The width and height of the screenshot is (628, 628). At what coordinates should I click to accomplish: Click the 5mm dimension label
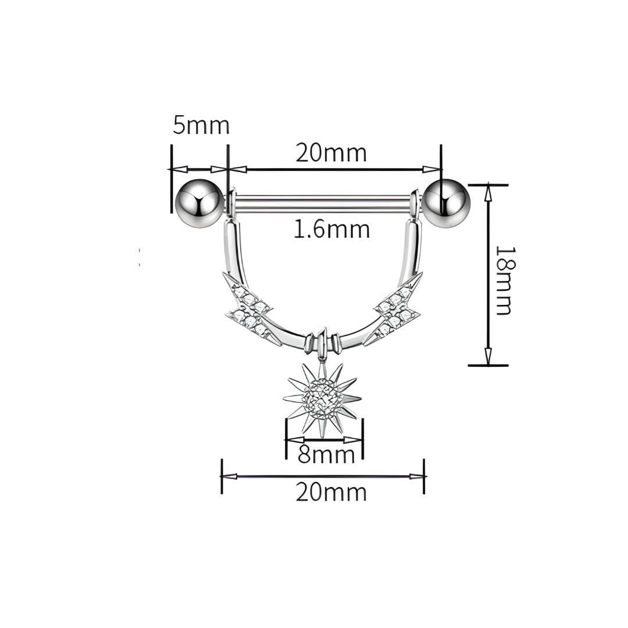click(201, 125)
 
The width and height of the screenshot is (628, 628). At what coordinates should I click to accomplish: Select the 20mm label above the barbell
click(331, 153)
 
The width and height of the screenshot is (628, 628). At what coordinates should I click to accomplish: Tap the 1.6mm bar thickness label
click(331, 230)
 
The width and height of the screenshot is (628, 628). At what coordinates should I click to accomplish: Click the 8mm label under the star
click(326, 455)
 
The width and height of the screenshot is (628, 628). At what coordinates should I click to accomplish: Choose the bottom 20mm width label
click(331, 493)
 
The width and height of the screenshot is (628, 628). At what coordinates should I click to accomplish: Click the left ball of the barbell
click(199, 204)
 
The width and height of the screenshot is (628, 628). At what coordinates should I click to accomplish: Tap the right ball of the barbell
click(446, 204)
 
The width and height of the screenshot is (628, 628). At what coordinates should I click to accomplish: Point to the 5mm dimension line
click(199, 169)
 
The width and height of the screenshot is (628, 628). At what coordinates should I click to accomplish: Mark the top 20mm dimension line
click(334, 169)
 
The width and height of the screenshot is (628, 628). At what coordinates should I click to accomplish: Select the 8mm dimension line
click(324, 440)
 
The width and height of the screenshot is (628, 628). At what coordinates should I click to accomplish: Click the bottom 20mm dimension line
click(323, 476)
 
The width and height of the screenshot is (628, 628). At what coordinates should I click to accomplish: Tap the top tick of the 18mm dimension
click(488, 185)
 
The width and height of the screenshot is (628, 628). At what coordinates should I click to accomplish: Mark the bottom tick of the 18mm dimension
click(488, 365)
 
